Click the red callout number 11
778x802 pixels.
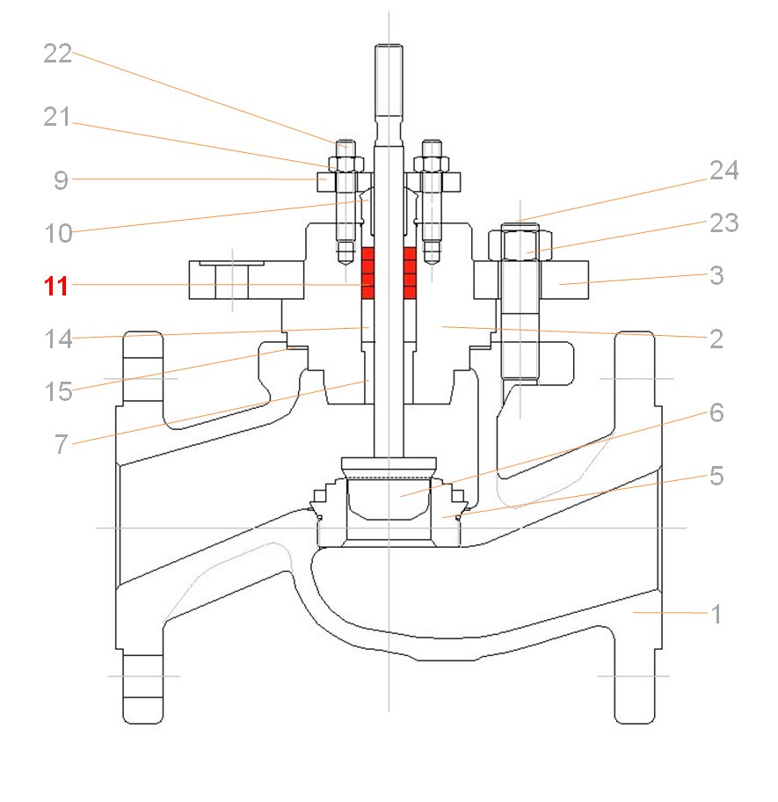click(57, 286)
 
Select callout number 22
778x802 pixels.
click(58, 54)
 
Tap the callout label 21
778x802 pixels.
click(58, 117)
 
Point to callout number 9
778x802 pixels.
click(61, 180)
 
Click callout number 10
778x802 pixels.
click(58, 233)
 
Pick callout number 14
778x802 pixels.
click(58, 339)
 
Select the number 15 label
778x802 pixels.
click(58, 391)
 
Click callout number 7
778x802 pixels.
click(61, 444)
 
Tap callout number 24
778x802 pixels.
click(724, 171)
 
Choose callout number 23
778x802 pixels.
click(724, 223)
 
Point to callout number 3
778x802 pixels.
click(716, 275)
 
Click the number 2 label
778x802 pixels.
click(716, 339)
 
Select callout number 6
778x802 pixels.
click(716, 412)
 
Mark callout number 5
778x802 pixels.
click(716, 476)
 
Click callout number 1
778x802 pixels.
click(716, 614)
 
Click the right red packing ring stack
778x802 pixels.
click(410, 273)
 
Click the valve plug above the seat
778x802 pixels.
click(389, 497)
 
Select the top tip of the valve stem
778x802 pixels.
click(388, 46)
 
